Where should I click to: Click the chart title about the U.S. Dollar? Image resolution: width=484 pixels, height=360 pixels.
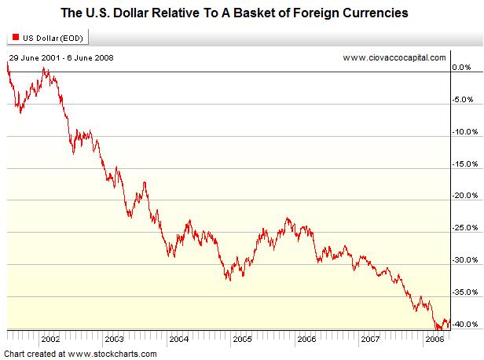[242, 13]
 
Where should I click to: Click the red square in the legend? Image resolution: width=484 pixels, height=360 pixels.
[15, 37]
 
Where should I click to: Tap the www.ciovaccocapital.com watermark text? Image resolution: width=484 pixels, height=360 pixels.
[394, 58]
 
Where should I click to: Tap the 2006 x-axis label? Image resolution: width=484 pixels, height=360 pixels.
[306, 340]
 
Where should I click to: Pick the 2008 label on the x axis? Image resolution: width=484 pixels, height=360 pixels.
[433, 340]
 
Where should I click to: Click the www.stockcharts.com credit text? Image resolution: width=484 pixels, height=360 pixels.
[80, 353]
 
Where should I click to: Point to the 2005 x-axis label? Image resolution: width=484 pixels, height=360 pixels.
[242, 340]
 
